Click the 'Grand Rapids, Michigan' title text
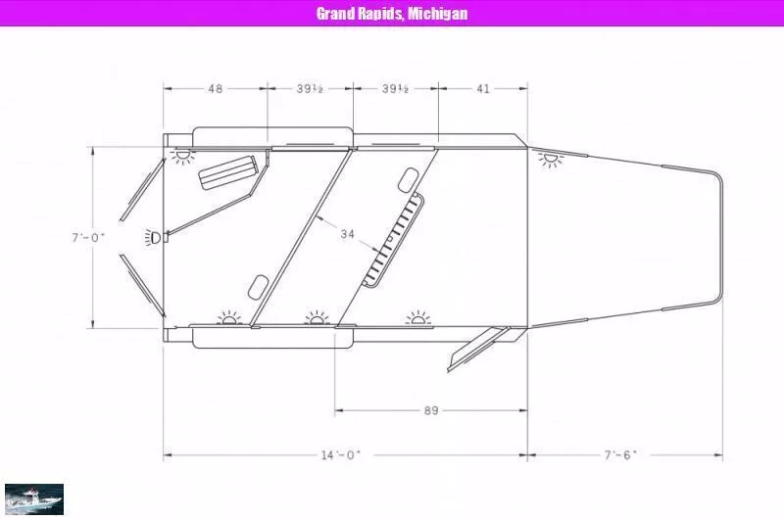[392, 13]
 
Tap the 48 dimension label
[215, 89]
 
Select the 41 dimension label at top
[482, 89]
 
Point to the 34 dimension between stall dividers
[347, 233]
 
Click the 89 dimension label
[431, 410]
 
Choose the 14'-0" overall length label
[340, 455]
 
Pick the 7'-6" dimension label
[620, 454]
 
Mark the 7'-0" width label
[88, 237]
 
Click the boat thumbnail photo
[34, 498]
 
